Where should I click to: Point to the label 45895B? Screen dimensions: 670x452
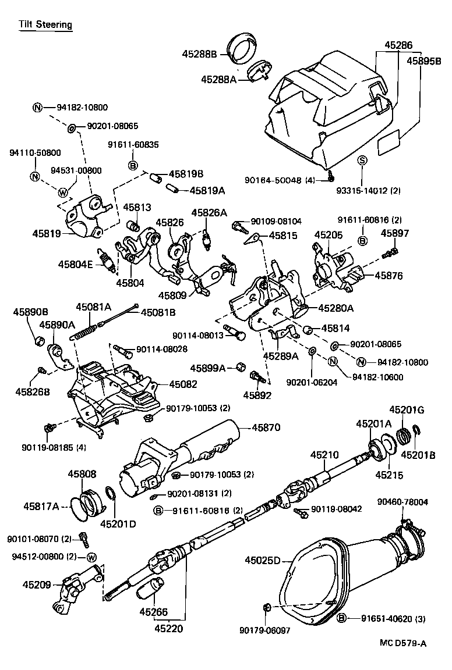tap(423, 60)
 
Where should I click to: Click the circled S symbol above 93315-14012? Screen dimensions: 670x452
tap(361, 161)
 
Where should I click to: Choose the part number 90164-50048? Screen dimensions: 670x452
tap(274, 180)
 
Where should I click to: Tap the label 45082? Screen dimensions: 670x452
tap(183, 384)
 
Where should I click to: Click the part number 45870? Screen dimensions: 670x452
tap(266, 427)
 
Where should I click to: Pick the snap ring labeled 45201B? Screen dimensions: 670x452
tap(416, 432)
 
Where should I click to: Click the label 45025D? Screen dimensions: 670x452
tap(263, 561)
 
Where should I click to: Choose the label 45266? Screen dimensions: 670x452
tap(154, 611)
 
